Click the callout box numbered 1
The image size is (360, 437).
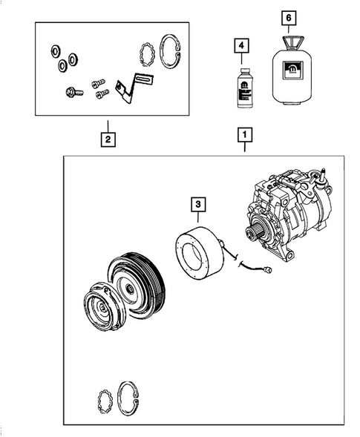[244, 136]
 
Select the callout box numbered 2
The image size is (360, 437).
[108, 138]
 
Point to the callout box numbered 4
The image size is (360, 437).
[240, 46]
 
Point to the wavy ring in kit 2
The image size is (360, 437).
[147, 53]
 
